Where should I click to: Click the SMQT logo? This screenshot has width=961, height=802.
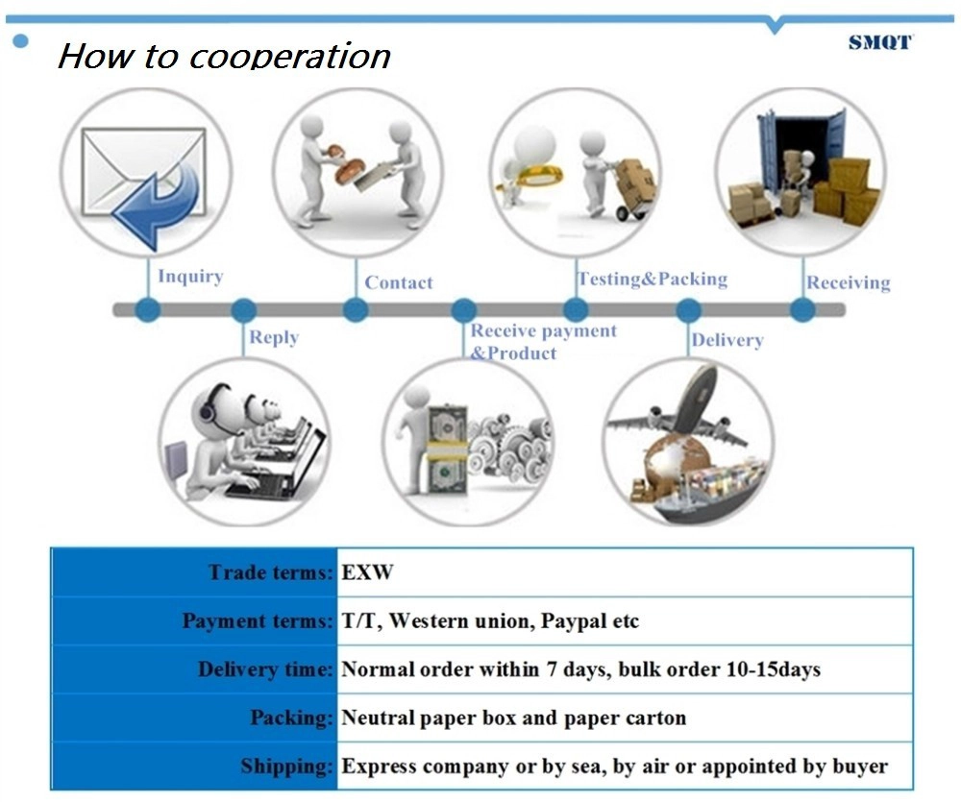[880, 42]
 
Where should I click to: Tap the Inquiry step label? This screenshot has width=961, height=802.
[190, 277]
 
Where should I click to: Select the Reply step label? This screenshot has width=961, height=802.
[274, 337]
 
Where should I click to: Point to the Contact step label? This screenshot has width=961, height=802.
[399, 282]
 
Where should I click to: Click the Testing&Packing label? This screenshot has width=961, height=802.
[653, 279]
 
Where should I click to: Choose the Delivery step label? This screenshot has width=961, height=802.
[727, 340]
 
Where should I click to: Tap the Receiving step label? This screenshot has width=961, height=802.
[849, 282]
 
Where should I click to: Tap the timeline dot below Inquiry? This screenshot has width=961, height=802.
[147, 310]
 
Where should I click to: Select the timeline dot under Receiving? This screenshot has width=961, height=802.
[802, 310]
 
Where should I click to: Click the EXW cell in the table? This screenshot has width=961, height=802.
[367, 572]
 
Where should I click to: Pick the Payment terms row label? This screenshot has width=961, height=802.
[258, 620]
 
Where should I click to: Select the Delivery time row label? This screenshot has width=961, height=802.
[265, 669]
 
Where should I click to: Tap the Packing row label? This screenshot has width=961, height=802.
[291, 717]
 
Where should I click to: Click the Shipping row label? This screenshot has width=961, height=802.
[286, 766]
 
